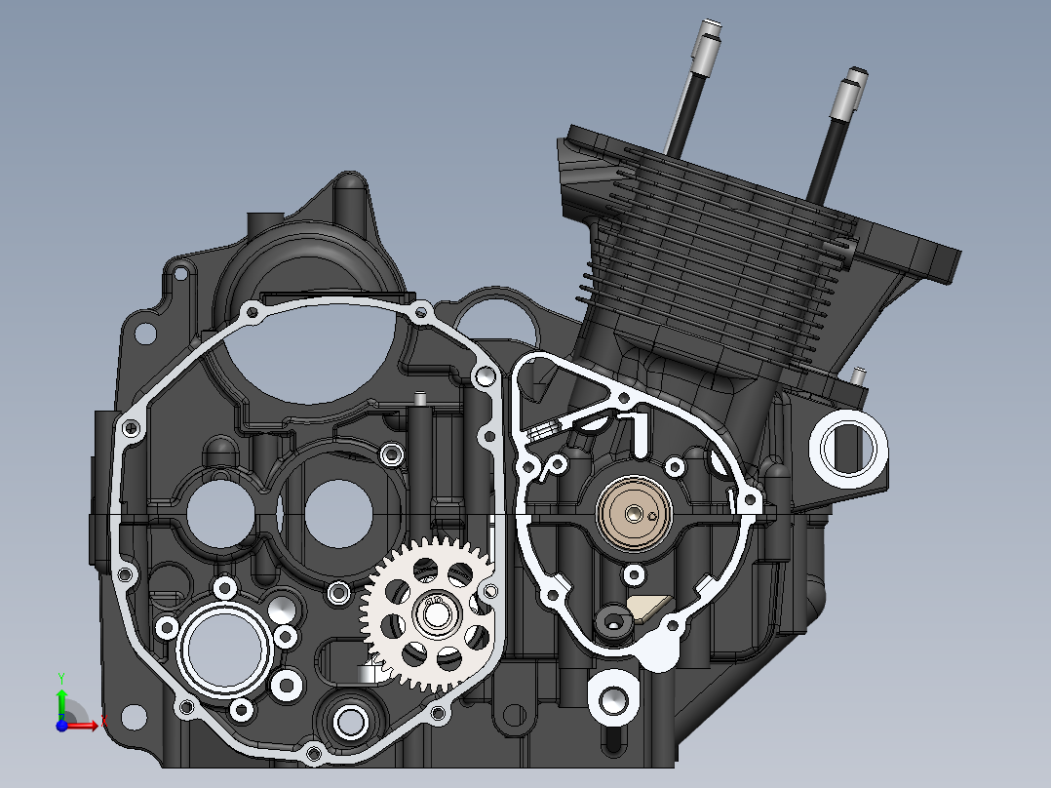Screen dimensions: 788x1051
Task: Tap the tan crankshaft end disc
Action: point(634,512)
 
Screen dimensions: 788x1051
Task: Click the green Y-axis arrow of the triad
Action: point(60,696)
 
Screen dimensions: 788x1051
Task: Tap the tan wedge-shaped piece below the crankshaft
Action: point(646,608)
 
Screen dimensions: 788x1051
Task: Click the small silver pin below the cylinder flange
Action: point(860,374)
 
